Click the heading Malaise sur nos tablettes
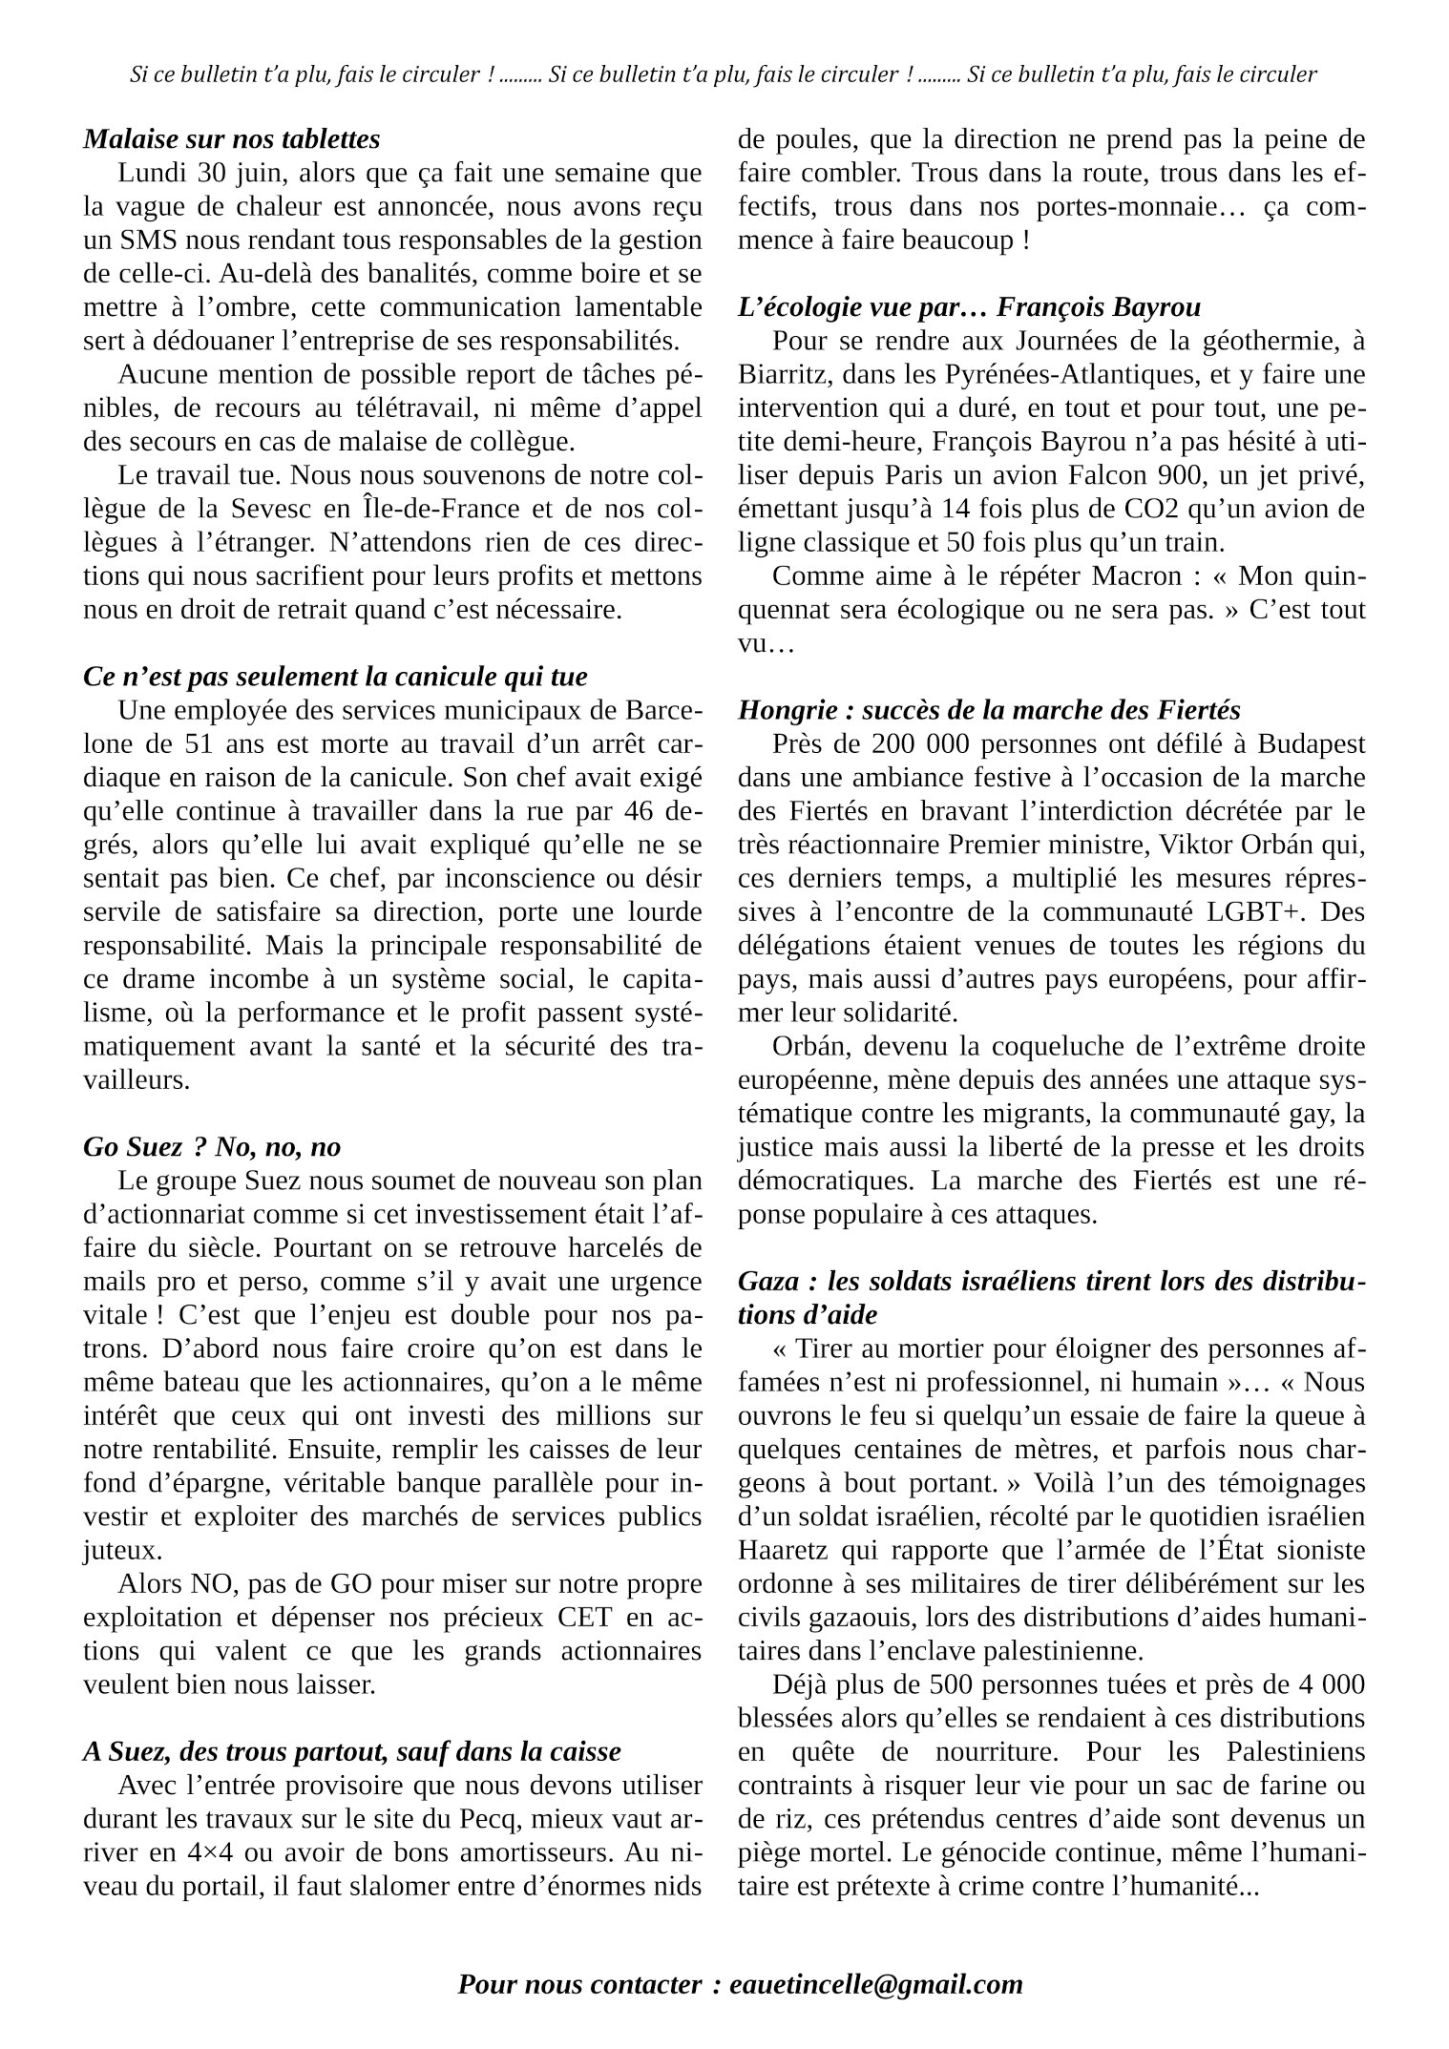coord(231,139)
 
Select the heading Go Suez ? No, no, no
coord(212,1146)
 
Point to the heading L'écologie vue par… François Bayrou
coord(969,307)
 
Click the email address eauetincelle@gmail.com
coord(875,1984)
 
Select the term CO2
coord(1129,509)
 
